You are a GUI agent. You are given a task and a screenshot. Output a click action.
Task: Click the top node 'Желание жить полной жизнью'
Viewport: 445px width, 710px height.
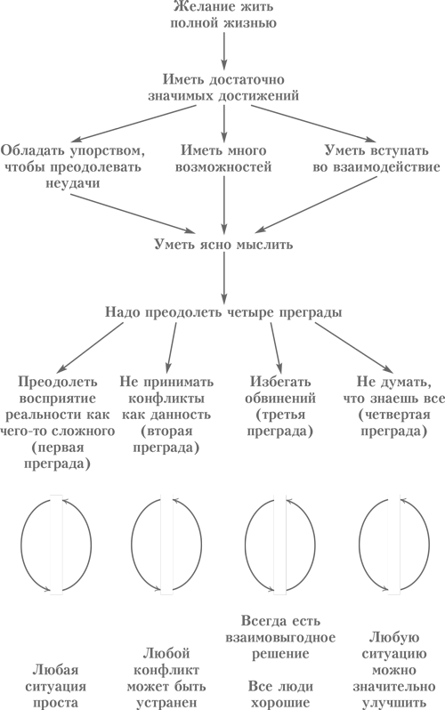click(x=223, y=14)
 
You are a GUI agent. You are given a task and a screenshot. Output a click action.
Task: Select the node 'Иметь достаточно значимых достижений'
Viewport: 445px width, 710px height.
click(x=223, y=87)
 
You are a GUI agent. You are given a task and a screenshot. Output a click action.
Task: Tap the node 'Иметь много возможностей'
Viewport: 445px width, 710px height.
click(x=223, y=158)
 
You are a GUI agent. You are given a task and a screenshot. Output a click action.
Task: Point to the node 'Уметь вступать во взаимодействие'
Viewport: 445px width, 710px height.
click(x=376, y=158)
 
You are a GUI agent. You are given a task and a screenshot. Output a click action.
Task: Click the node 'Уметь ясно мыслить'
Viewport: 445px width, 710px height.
click(x=223, y=245)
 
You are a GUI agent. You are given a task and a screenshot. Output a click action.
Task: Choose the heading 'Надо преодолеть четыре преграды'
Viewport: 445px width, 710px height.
click(x=223, y=312)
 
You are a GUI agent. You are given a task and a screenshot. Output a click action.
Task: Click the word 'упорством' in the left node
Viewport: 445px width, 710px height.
click(x=108, y=150)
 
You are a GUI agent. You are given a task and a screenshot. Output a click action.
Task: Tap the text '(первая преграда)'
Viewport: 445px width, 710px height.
click(x=57, y=456)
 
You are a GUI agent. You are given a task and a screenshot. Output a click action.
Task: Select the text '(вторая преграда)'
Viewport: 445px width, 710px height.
click(x=166, y=439)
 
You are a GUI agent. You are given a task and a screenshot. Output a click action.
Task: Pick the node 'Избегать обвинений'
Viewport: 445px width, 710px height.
click(x=280, y=390)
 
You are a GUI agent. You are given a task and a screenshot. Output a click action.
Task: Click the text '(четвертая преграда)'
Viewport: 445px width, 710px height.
click(x=393, y=423)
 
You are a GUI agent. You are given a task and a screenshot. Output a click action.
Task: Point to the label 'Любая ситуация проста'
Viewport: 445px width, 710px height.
click(x=56, y=686)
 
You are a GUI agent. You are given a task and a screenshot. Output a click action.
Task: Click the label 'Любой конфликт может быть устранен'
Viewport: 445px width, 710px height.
click(x=166, y=678)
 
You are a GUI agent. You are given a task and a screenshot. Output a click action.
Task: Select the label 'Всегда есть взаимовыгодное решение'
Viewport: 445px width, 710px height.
click(x=280, y=637)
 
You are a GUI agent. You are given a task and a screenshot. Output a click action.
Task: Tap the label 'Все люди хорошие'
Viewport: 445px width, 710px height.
click(x=280, y=694)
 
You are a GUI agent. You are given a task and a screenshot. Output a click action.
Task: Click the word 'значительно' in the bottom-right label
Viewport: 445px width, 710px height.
click(x=393, y=687)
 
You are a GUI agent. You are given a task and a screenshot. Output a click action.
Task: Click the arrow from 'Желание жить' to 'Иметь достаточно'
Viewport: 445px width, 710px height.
click(x=224, y=49)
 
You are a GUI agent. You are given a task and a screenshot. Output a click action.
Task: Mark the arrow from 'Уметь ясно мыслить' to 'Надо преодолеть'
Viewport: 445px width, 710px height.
click(x=224, y=278)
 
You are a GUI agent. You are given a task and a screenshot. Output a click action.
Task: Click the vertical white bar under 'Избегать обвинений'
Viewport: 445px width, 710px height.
click(x=280, y=545)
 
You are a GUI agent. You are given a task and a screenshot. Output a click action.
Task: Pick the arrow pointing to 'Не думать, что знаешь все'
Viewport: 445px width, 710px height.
click(x=354, y=348)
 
